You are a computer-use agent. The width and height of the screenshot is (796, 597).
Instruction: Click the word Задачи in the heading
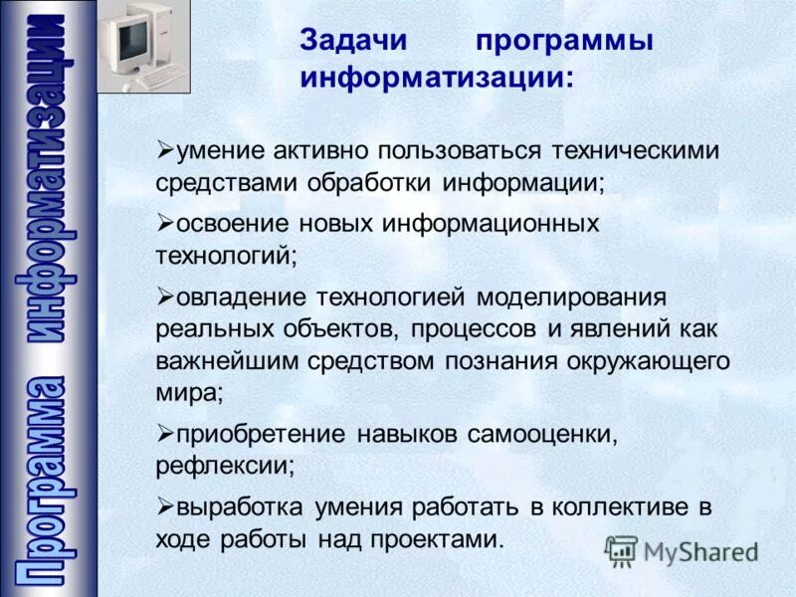(x=350, y=43)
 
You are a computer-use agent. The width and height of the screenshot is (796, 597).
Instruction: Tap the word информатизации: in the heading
(x=437, y=79)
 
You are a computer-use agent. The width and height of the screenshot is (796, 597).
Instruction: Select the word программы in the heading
(x=564, y=43)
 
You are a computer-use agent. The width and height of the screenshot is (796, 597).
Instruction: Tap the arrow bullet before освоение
(x=165, y=220)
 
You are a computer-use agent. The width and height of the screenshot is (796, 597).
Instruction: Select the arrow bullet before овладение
(x=165, y=295)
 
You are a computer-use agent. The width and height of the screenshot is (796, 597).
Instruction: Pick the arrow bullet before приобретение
(x=165, y=433)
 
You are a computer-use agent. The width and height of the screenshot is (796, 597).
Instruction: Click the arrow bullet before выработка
(x=165, y=505)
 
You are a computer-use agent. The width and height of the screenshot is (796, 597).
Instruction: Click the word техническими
(x=634, y=150)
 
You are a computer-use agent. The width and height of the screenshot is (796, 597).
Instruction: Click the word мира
(x=189, y=391)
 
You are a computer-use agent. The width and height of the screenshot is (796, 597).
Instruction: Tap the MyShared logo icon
(x=621, y=549)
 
